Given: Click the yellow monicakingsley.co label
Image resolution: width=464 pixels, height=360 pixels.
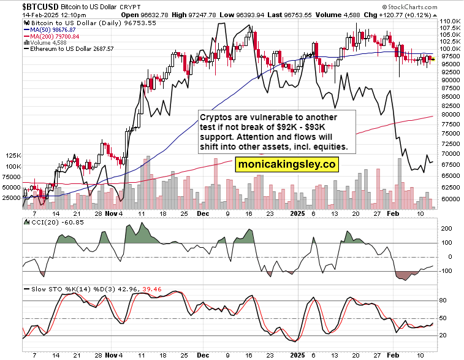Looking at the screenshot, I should tap(286, 164).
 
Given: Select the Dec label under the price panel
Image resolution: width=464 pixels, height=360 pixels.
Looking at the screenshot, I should tap(203, 215).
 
